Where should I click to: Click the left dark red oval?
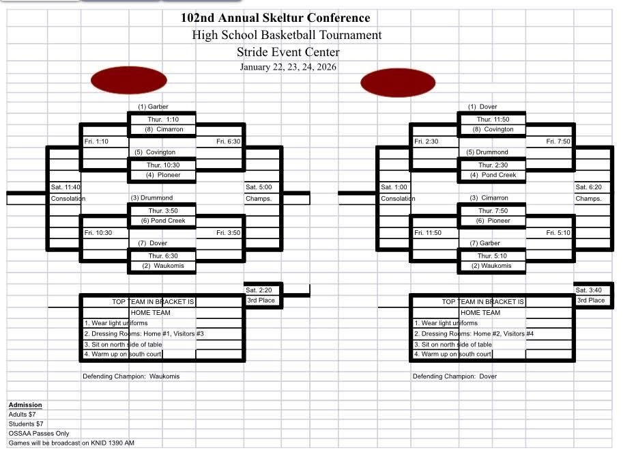[x=129, y=80]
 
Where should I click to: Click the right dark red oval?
[x=398, y=83]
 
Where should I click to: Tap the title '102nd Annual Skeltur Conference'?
[x=276, y=18]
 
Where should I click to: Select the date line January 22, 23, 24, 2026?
[x=288, y=67]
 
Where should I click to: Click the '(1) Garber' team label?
[x=153, y=107]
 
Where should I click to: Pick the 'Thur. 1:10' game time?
[x=163, y=120]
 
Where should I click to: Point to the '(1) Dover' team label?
[x=482, y=107]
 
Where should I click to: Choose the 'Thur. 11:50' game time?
[x=493, y=120]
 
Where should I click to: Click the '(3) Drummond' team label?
[x=151, y=197]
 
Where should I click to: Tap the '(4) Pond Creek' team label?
[x=493, y=175]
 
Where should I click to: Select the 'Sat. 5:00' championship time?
[x=259, y=187]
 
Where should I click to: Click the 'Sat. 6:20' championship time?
[x=588, y=187]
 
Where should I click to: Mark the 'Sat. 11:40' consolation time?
[x=66, y=187]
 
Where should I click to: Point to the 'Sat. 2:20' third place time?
[x=259, y=290]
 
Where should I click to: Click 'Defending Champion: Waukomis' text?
[x=131, y=376]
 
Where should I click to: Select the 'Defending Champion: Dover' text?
[x=454, y=376]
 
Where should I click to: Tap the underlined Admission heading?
[x=25, y=404]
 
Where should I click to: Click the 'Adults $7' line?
[x=22, y=415]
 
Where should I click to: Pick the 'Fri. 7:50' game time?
[x=558, y=141]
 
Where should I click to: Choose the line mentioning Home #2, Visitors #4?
[x=474, y=333]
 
